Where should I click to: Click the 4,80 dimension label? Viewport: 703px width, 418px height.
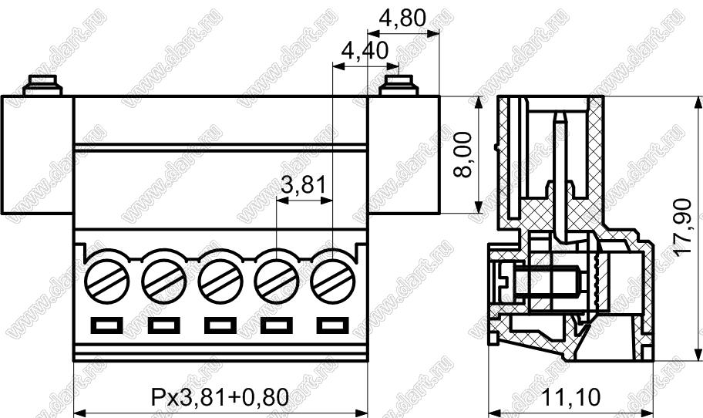coord(402,18)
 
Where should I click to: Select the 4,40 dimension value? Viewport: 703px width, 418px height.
coord(365,51)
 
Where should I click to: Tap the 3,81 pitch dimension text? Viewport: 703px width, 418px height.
coord(304,184)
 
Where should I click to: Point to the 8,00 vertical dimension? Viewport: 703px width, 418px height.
coord(462,155)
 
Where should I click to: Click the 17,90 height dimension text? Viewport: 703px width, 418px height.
coord(683,228)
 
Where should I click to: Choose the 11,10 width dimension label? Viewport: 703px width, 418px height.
coord(570,397)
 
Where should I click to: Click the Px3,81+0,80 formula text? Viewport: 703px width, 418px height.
coord(220,397)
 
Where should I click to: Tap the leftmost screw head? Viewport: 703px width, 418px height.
coord(107,281)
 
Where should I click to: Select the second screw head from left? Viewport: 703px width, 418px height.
coord(163,281)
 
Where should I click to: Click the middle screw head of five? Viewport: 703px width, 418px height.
coord(220,281)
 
